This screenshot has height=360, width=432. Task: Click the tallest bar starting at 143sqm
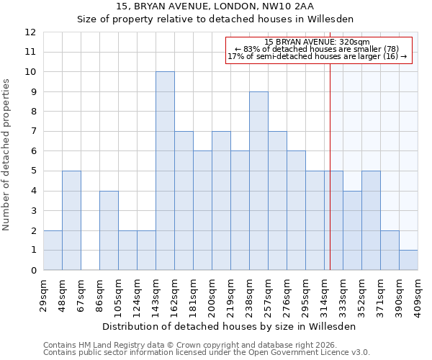(x=165, y=171)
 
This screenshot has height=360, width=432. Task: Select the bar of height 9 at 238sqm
(x=258, y=181)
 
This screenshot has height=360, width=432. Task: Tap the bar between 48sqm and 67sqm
(x=71, y=220)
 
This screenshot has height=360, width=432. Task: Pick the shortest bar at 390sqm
(x=408, y=260)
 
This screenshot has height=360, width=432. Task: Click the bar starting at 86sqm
(x=109, y=230)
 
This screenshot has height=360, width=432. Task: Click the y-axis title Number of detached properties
(x=7, y=155)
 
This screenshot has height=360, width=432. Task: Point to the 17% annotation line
(x=318, y=57)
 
